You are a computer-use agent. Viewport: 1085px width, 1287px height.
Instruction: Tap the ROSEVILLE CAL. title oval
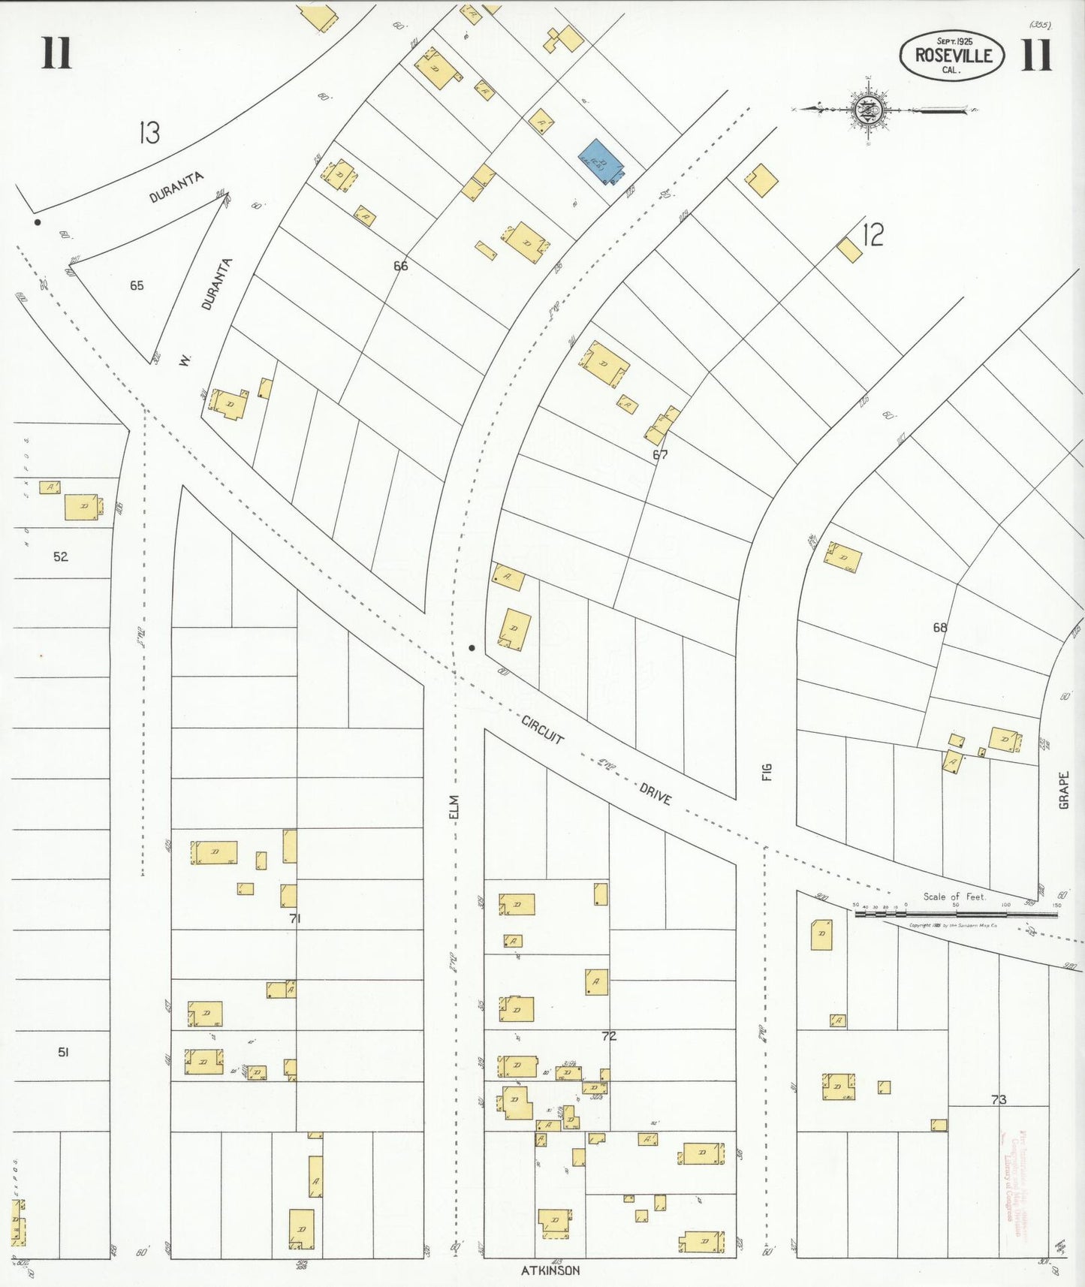pos(952,56)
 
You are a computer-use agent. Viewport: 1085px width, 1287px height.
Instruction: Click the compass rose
pos(869,110)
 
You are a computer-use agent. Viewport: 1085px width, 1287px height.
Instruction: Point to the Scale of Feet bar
pos(956,914)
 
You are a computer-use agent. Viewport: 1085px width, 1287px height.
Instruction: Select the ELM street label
pos(453,806)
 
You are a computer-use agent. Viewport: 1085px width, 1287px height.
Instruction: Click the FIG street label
pos(767,772)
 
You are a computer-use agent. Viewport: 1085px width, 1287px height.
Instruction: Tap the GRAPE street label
pos(1063,790)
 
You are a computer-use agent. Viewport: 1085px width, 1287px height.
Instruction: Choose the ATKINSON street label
pos(550,1270)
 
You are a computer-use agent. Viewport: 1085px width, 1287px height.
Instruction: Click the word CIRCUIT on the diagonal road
pos(543,729)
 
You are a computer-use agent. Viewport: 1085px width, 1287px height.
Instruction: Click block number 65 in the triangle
pos(137,285)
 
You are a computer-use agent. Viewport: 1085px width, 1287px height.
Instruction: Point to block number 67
pos(660,454)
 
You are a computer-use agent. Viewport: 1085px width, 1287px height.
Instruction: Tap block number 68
pos(940,627)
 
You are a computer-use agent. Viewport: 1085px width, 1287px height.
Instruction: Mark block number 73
pos(998,1099)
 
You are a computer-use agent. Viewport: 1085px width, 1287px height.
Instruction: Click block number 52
pos(61,556)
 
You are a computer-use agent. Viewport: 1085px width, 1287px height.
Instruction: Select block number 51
pos(64,1052)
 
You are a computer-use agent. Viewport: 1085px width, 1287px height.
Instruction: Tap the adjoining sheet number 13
pos(149,133)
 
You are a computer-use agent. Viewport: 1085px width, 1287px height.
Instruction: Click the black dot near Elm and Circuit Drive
pos(472,647)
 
